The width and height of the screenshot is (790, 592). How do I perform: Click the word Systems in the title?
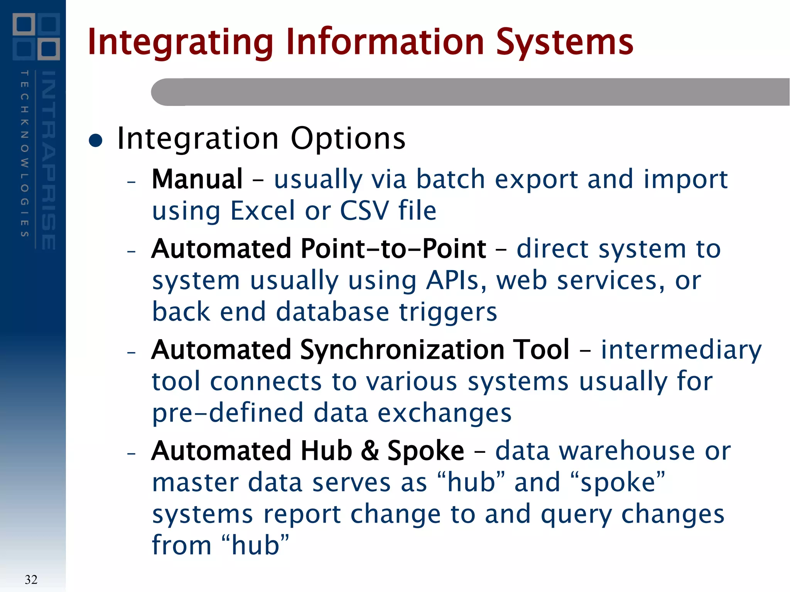(564, 42)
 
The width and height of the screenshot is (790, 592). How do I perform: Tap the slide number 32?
(31, 579)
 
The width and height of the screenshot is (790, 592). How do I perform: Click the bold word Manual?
(197, 179)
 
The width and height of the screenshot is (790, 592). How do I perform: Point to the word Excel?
(263, 211)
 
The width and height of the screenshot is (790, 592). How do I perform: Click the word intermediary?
(681, 350)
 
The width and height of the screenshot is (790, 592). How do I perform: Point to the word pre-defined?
(228, 413)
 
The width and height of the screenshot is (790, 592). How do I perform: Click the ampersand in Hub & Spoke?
(370, 451)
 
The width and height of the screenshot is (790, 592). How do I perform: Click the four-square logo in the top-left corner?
(36, 37)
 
